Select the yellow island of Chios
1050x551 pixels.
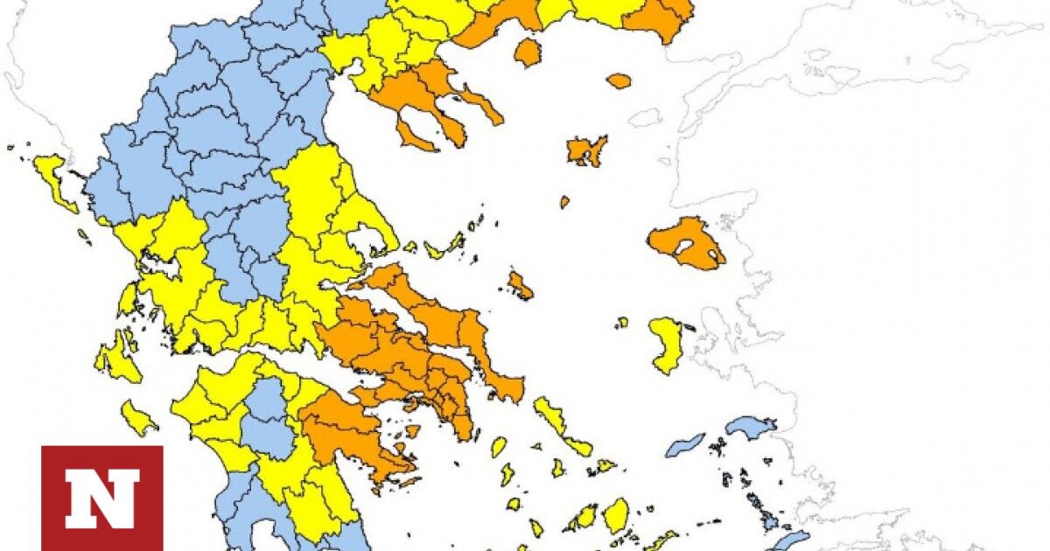[x=667, y=343]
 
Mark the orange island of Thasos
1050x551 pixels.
[x=527, y=52]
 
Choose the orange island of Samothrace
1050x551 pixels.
[x=619, y=80]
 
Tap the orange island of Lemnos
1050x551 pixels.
[x=586, y=150]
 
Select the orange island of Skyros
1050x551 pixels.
[x=520, y=284]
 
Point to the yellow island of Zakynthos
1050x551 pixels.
[x=137, y=417]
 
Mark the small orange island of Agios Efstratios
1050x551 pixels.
[x=564, y=202]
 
